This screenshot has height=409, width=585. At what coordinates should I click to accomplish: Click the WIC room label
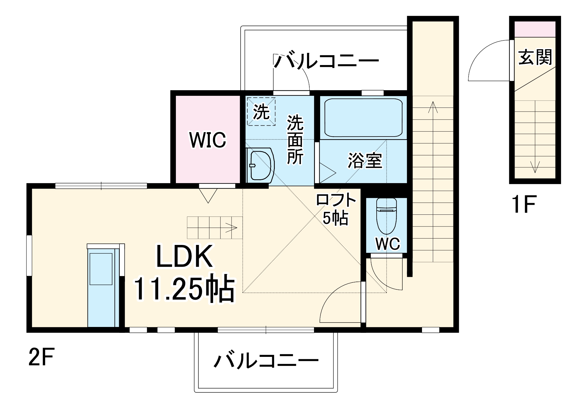point(208,140)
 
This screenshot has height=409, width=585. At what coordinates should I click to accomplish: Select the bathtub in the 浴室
point(363,117)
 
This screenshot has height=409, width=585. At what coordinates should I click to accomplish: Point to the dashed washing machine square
point(261,112)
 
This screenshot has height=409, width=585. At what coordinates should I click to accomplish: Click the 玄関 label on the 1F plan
point(535,57)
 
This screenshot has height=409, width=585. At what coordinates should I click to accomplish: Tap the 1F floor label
point(524,205)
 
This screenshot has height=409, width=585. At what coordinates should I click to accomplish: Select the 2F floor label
point(41,357)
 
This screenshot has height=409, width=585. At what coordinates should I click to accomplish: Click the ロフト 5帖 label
point(336,209)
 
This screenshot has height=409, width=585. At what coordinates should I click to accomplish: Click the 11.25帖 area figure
point(184,289)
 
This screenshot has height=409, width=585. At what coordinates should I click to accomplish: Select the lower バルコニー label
point(266,360)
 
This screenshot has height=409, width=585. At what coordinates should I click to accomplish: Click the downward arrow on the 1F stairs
point(535,167)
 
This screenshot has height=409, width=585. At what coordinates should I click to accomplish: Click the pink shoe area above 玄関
point(535,29)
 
